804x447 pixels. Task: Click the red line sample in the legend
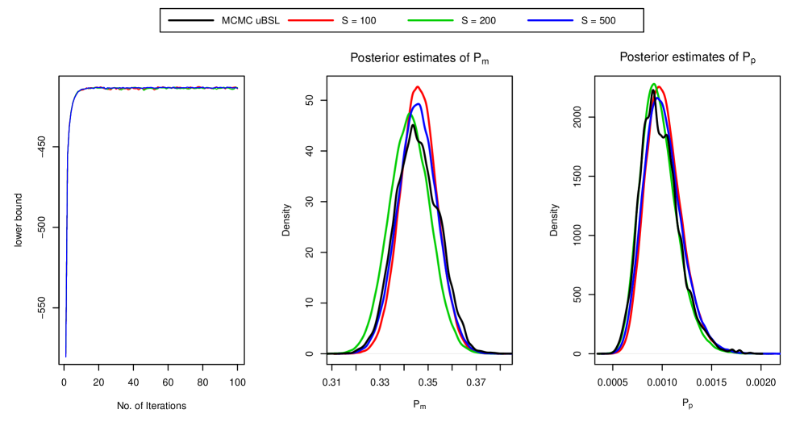(x=310, y=20)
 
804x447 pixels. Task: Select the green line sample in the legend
(x=431, y=20)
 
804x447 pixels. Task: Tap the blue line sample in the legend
(x=550, y=20)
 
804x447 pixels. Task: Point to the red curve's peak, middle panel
(x=417, y=86)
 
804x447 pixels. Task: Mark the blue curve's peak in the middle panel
(x=418, y=104)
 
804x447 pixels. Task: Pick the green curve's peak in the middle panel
(x=410, y=114)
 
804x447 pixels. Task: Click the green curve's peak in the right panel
(x=653, y=83)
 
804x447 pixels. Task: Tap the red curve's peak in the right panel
(x=660, y=86)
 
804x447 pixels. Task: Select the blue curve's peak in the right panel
(x=657, y=98)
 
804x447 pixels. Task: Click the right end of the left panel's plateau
(x=237, y=88)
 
